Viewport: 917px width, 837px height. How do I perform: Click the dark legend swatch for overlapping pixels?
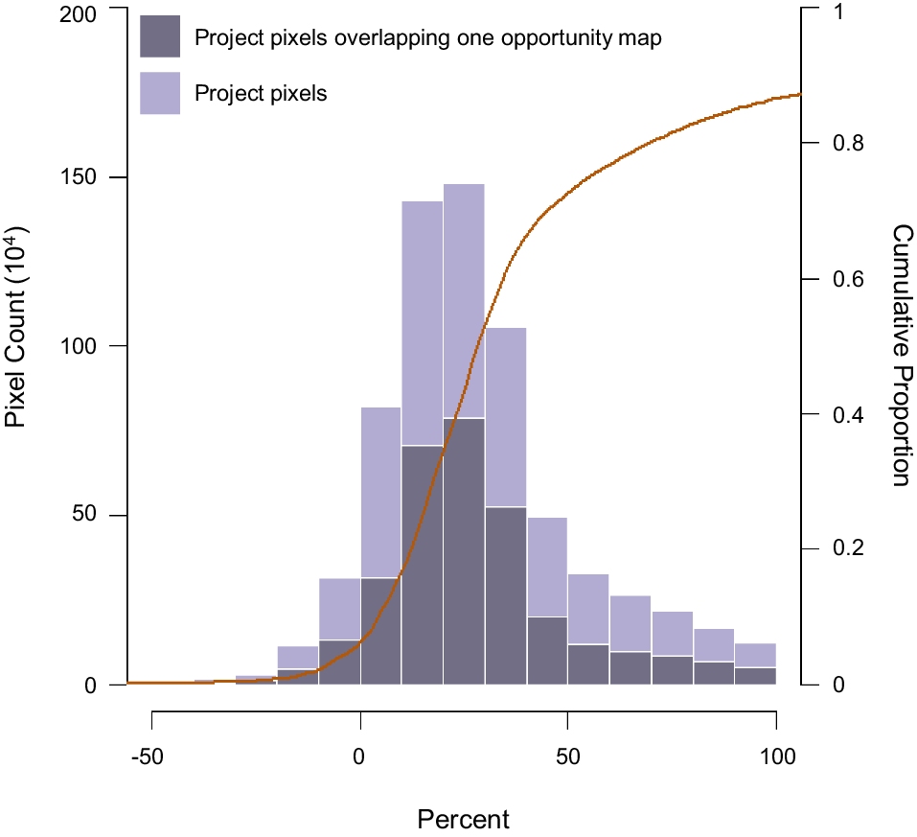160,37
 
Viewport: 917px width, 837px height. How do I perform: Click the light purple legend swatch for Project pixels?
160,93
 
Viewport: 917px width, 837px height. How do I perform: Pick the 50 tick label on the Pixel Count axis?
87,516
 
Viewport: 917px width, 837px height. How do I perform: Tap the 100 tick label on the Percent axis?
776,757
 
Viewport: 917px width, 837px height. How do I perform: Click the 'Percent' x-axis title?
464,821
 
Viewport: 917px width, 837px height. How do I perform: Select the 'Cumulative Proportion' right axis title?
901,355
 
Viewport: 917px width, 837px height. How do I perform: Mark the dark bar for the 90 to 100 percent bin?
755,676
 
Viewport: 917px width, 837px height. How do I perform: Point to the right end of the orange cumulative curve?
798,95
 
